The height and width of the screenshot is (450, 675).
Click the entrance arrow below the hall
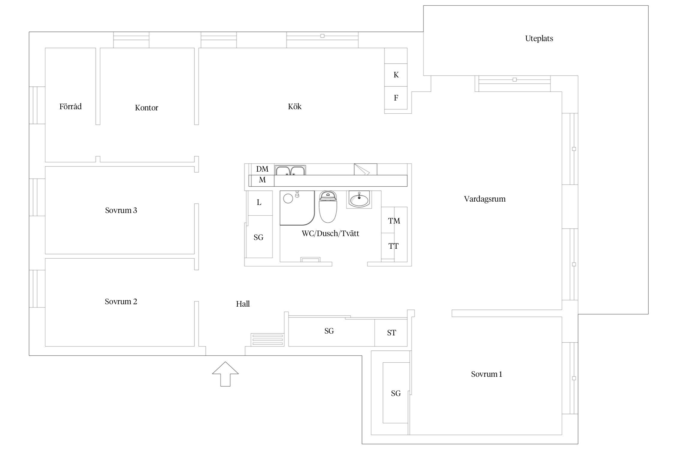225,374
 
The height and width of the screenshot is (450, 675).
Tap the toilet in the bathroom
328,207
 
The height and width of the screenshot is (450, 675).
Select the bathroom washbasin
359,199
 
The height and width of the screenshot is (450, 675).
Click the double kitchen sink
290,170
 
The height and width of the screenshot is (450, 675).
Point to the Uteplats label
539,38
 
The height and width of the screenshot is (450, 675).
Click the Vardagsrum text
485,199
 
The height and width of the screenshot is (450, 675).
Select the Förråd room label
70,106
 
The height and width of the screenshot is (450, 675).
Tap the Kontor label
146,108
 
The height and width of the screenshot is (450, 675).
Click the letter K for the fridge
396,75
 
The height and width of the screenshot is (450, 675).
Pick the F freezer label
396,98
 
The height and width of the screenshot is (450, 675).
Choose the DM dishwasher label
262,169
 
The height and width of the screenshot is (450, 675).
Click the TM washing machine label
394,221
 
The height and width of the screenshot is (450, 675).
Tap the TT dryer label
393,246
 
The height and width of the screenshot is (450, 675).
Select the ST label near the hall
391,333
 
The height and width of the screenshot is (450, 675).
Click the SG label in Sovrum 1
396,393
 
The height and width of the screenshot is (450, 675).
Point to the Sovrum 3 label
121,210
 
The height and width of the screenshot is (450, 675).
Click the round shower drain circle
288,199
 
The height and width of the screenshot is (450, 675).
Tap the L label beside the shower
259,202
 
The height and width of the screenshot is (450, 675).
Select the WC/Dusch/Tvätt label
330,233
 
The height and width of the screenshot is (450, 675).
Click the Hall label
243,304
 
